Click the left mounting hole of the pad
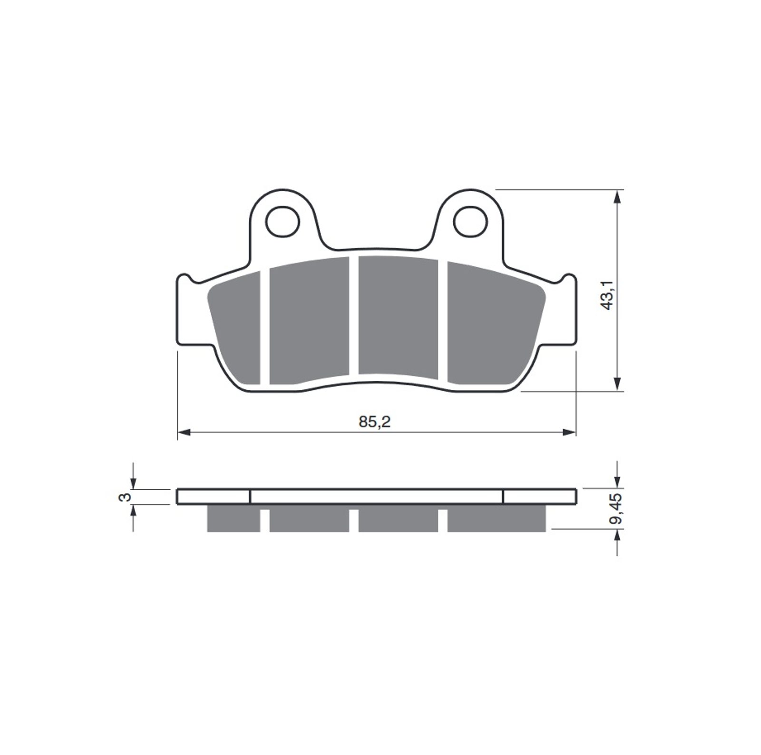(283, 221)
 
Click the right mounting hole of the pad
(470, 221)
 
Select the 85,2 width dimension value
(375, 421)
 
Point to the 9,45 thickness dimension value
(617, 508)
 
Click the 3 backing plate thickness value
(126, 497)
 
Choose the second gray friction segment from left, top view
(309, 321)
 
